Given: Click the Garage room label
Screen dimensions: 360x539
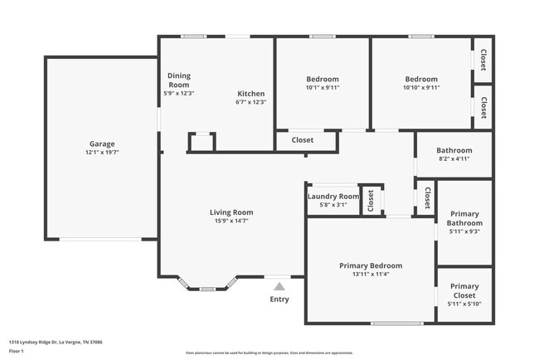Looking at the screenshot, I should (x=102, y=144).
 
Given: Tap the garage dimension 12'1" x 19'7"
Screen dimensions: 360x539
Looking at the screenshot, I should (x=102, y=153).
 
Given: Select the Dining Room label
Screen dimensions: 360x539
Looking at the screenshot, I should (x=179, y=80).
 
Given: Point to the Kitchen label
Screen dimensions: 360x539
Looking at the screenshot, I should (x=251, y=94).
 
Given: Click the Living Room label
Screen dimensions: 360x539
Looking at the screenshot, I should (x=231, y=212).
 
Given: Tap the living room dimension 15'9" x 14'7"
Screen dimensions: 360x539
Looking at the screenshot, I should (x=231, y=221).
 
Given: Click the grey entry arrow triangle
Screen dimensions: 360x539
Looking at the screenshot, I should (x=279, y=286).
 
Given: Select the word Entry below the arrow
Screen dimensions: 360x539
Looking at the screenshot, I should (x=279, y=299).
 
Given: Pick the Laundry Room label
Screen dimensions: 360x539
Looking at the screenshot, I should (x=333, y=197).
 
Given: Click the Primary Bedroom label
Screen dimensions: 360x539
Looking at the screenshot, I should (x=371, y=265).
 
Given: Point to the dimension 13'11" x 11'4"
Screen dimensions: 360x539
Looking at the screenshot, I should (x=371, y=275).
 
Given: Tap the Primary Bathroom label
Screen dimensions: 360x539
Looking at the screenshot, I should (x=464, y=218).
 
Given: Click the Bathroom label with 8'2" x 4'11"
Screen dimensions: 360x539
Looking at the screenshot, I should (x=454, y=150).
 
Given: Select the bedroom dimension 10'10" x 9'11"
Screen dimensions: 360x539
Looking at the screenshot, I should (x=421, y=88).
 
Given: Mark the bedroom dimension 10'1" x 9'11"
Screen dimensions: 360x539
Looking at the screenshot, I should (x=323, y=88).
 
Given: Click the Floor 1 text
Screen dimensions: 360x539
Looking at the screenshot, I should (x=17, y=351).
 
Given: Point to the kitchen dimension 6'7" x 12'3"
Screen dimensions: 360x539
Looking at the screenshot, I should (x=251, y=102).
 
